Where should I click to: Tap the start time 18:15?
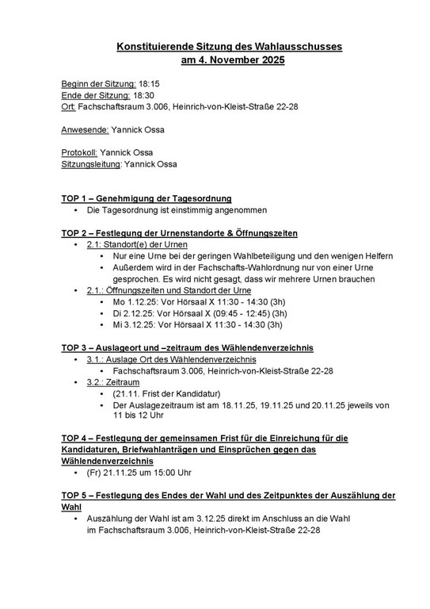tap(150, 82)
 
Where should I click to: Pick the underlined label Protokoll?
tap(80, 152)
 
